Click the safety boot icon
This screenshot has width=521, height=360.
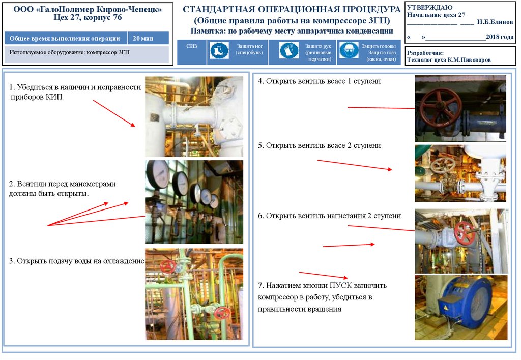[x=219, y=51]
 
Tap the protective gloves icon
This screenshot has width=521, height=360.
[x=289, y=51]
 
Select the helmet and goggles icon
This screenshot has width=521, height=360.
[x=349, y=51]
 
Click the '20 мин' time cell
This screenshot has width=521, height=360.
[x=143, y=38]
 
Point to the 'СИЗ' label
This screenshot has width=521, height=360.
[x=192, y=46]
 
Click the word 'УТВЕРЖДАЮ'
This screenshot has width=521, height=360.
[x=429, y=7]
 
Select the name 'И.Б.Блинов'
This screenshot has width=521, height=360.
[x=495, y=22]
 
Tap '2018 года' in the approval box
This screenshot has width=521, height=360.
[x=500, y=37]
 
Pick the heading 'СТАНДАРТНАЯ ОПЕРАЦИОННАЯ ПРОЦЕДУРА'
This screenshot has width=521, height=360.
[x=292, y=9]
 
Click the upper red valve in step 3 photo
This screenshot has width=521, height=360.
[x=168, y=266]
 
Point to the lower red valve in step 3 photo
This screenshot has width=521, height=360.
[x=222, y=314]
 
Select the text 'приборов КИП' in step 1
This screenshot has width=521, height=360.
[x=36, y=97]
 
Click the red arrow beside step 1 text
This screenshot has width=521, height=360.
[x=114, y=113]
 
